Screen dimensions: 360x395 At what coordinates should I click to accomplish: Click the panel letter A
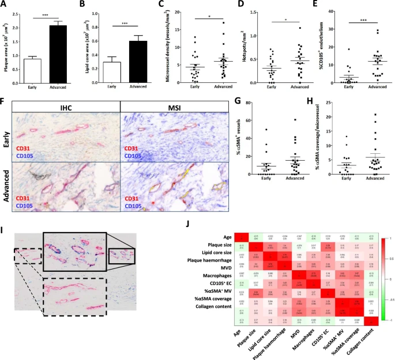(5, 5)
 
